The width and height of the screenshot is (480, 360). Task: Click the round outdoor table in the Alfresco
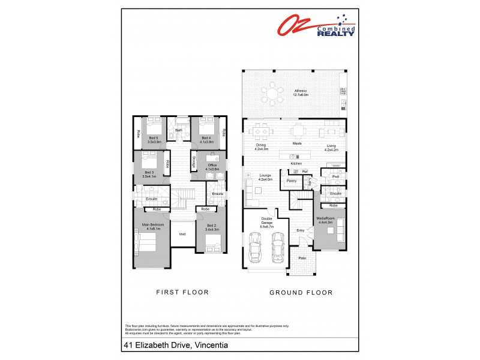click(x=273, y=94)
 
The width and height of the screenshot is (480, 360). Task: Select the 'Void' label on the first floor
click(x=182, y=235)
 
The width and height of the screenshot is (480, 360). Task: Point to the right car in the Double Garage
click(x=277, y=245)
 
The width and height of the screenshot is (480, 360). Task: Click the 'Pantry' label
click(x=292, y=181)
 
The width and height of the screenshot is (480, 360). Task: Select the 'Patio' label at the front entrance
click(x=302, y=258)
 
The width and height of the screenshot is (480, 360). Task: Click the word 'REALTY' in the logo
click(x=335, y=33)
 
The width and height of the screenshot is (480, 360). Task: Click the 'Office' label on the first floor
click(x=212, y=165)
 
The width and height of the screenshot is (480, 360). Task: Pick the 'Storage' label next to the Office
click(x=193, y=162)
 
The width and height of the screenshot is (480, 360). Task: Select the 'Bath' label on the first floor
click(x=178, y=130)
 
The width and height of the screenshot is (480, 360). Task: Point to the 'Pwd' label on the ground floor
click(x=335, y=176)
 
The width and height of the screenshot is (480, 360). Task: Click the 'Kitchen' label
click(x=296, y=163)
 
